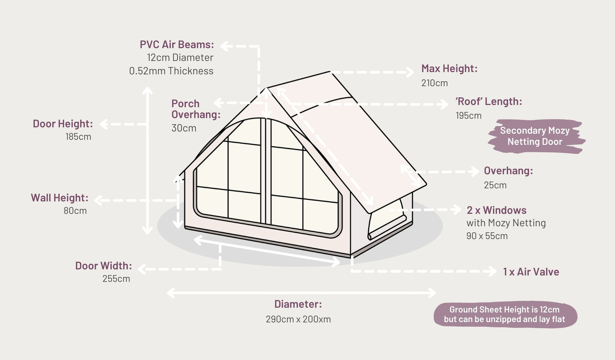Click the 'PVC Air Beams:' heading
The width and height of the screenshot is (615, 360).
pyautogui.click(x=177, y=44)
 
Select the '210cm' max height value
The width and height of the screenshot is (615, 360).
pyautogui.click(x=434, y=83)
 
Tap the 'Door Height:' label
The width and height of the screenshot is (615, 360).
pyautogui.click(x=63, y=124)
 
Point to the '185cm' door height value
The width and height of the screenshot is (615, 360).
pyautogui.click(x=78, y=137)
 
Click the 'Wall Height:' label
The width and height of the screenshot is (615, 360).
pyautogui.click(x=60, y=198)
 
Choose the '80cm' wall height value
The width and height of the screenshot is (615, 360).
pyautogui.click(x=75, y=211)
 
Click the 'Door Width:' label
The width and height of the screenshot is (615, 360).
pyautogui.click(x=103, y=266)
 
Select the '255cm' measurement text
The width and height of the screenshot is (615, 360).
pyautogui.click(x=116, y=279)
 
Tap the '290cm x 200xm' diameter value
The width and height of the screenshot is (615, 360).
pyautogui.click(x=298, y=319)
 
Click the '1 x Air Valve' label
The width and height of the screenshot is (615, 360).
pyautogui.click(x=531, y=272)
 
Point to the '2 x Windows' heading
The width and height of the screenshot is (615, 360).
pyautogui.click(x=496, y=211)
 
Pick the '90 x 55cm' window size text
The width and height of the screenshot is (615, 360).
pyautogui.click(x=487, y=236)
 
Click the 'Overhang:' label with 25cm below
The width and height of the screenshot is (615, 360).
pyautogui.click(x=508, y=171)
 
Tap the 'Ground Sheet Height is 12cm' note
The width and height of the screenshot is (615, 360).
pyautogui.click(x=504, y=310)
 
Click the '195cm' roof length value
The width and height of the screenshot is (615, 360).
pyautogui.click(x=469, y=116)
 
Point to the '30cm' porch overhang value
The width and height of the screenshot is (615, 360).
pyautogui.click(x=184, y=128)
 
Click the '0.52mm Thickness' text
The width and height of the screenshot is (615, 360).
pyautogui.click(x=171, y=71)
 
